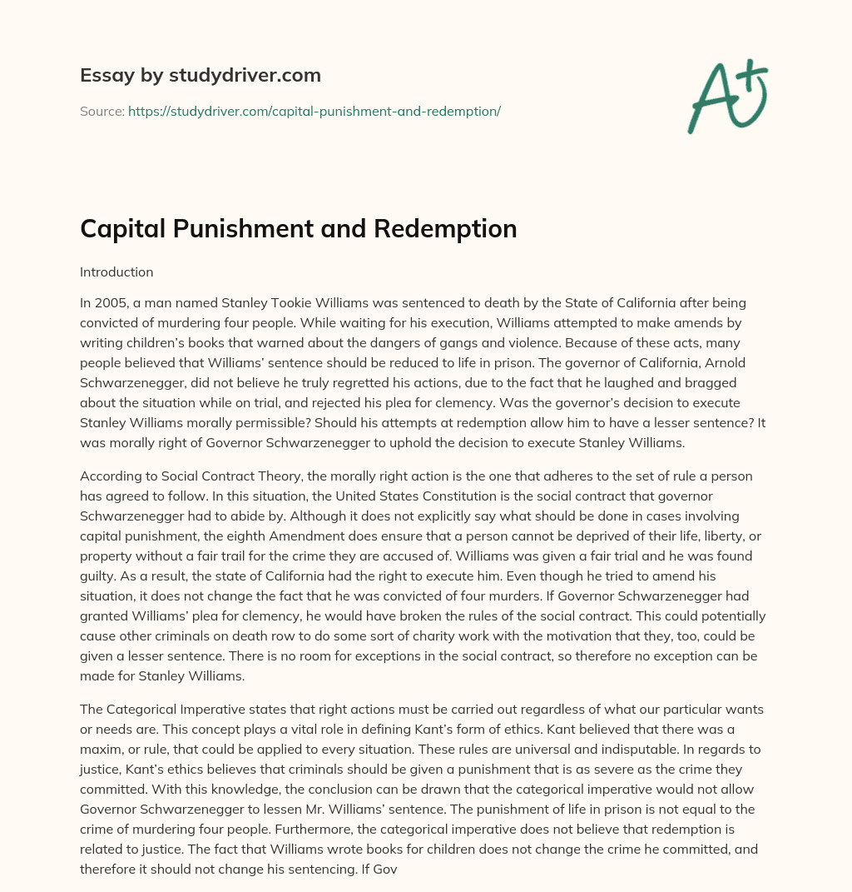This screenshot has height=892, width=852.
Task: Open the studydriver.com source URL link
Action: pyautogui.click(x=314, y=111)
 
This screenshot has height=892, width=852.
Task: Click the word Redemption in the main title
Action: pyautogui.click(x=453, y=227)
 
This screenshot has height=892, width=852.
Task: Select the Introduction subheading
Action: pyautogui.click(x=116, y=272)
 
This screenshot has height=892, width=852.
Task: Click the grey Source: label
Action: pyautogui.click(x=102, y=111)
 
